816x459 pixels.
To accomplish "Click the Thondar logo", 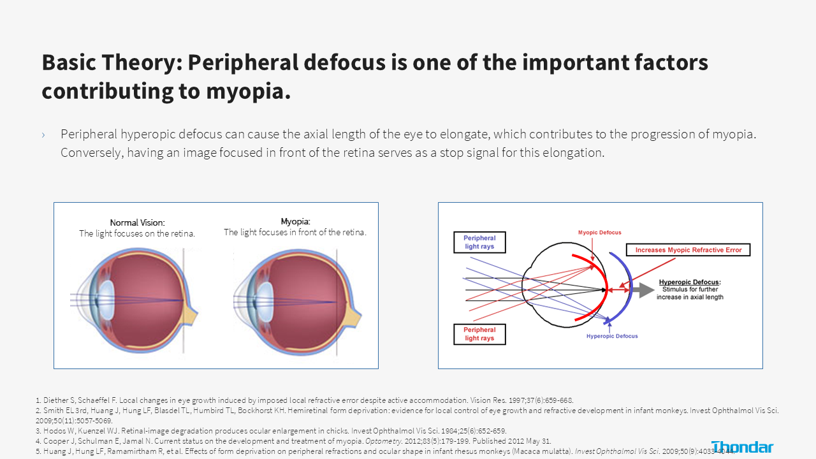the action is [742, 447].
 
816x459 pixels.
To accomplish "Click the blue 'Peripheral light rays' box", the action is [479, 242].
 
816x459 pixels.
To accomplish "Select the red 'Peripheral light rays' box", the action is [479, 334].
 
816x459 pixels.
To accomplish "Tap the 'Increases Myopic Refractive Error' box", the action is [688, 250].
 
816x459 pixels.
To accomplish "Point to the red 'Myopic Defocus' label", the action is [600, 233].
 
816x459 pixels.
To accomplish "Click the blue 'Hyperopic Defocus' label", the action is [612, 336].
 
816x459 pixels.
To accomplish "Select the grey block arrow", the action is [643, 290].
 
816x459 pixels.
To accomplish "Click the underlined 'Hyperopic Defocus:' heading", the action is [690, 282].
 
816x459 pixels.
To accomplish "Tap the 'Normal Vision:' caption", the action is [137, 222].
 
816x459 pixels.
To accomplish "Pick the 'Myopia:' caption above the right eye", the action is [295, 221].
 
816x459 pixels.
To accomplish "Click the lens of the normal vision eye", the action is [106, 300].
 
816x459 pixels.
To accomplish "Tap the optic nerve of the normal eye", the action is [189, 313].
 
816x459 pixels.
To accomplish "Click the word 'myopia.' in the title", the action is [249, 91].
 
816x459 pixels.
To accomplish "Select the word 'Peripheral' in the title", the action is [244, 62].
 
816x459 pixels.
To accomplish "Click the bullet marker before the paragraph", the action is [43, 135].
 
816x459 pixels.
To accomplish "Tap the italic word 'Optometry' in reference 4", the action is [383, 441].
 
